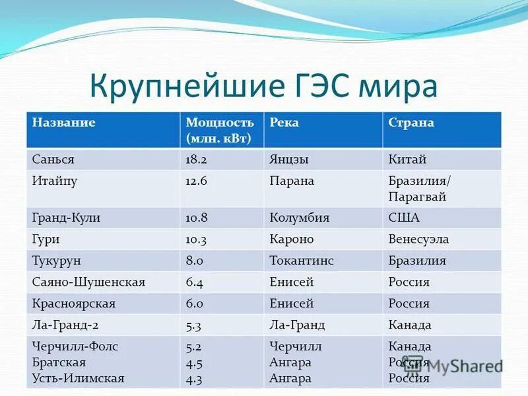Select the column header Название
[x=64, y=123]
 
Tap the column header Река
[x=284, y=123]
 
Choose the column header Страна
[x=411, y=123]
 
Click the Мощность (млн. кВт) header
[x=220, y=130]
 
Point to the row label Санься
[x=53, y=160]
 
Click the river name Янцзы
[x=289, y=160]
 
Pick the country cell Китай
[x=407, y=160]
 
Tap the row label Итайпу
[x=55, y=181]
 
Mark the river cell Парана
[x=292, y=181]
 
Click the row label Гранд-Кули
[x=66, y=218]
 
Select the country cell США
[x=404, y=218]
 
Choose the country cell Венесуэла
[x=418, y=239]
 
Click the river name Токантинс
[x=302, y=261]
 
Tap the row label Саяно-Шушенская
[x=88, y=282]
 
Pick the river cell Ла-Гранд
[x=297, y=325]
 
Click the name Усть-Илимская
[x=78, y=379]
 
